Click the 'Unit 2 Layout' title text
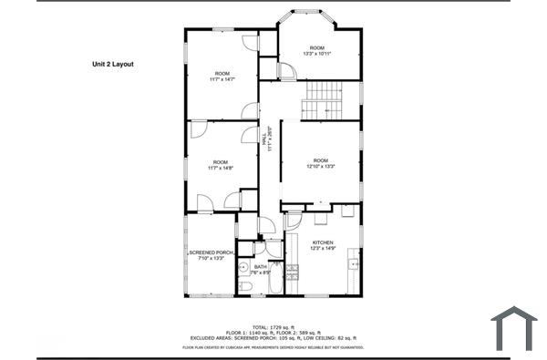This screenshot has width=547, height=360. (112, 65)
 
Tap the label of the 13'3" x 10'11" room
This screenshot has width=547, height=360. (316, 51)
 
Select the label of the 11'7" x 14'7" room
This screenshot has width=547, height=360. (222, 77)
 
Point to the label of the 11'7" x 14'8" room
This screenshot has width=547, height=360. (221, 165)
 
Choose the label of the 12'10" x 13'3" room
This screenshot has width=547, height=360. (319, 164)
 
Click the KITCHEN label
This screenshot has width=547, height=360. (324, 245)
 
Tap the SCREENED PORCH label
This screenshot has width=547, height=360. (210, 255)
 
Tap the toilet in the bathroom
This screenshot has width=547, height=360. (244, 287)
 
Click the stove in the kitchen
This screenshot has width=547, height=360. (292, 271)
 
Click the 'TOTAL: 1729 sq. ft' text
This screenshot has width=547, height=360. (273, 325)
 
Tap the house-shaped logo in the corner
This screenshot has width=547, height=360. (513, 328)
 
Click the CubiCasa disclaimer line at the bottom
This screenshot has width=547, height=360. (273, 347)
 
